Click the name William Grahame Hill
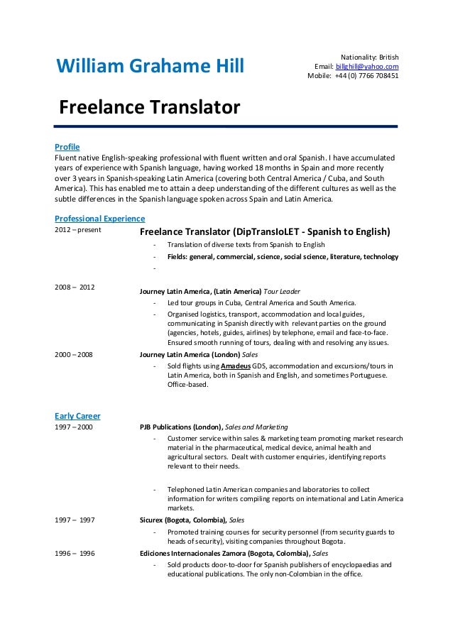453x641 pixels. (x=149, y=67)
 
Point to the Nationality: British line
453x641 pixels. (x=370, y=56)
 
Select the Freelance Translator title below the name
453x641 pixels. (x=149, y=109)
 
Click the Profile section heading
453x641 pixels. (x=67, y=146)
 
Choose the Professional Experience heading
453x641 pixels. (x=99, y=218)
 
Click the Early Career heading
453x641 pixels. (x=77, y=415)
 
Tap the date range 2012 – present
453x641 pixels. (x=78, y=230)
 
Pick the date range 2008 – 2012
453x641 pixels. (x=75, y=287)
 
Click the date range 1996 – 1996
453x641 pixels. (x=75, y=552)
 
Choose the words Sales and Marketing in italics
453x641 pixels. (x=258, y=427)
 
